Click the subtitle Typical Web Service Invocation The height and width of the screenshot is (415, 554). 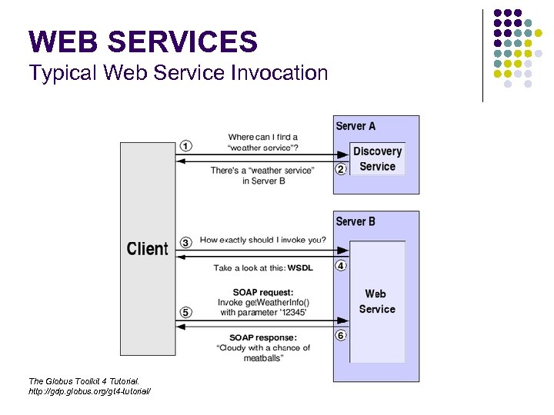point(178,74)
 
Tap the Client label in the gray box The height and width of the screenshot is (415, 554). point(147,248)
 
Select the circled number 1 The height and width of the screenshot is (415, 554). point(186,145)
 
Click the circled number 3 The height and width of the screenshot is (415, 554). point(186,242)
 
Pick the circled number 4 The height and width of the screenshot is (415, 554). point(340,266)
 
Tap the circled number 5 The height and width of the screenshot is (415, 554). point(186,312)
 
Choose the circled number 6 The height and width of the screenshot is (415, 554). point(340,335)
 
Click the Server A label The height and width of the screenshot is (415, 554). point(355,126)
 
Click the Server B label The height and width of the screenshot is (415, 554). point(355,221)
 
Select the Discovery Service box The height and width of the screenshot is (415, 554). point(377,159)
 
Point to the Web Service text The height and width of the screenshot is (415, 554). point(376,301)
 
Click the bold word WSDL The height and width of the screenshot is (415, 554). point(300,268)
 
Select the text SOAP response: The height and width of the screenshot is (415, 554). point(262,337)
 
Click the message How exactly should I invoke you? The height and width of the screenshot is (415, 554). point(262,240)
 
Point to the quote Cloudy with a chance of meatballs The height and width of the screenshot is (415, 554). point(262,353)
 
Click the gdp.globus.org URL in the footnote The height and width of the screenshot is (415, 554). point(89,392)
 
